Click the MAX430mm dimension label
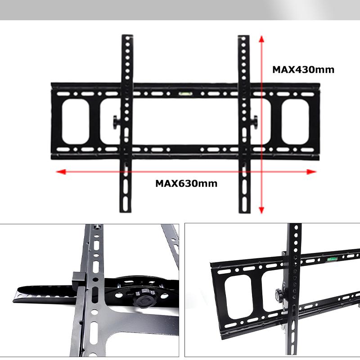303,70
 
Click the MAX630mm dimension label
186,184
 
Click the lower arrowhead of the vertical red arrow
261,210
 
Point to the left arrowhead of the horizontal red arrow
61,172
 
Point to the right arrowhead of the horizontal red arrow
311,172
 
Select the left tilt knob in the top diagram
116,122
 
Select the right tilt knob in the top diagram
254,122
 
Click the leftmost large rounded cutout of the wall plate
76,121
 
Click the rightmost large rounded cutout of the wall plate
295,121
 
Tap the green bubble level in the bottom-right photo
332,259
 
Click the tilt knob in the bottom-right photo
279,295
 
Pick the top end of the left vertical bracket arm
127,36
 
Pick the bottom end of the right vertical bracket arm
244,212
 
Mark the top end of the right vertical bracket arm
243,36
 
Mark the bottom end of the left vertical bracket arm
126,211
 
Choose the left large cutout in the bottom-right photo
238,297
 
